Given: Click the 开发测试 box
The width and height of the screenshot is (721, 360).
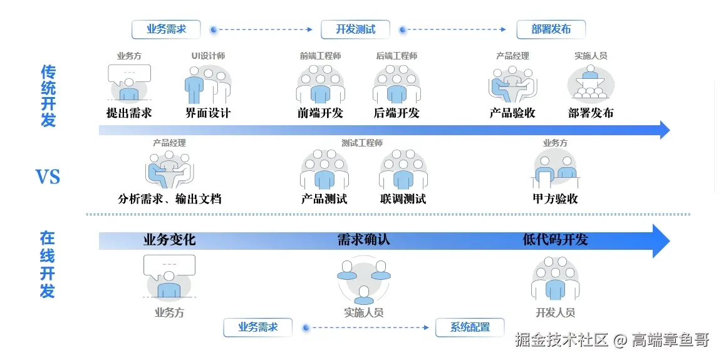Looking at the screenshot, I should click(x=355, y=29).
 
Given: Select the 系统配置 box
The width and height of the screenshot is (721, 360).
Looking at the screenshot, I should click(x=470, y=327).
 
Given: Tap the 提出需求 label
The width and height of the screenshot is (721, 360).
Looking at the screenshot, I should click(x=129, y=113).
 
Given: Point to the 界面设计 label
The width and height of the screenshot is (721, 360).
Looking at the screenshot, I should click(x=208, y=113).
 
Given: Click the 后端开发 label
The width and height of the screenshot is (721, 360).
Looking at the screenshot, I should click(x=397, y=113).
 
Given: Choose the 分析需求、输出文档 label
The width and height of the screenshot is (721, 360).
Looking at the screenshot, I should click(x=170, y=199).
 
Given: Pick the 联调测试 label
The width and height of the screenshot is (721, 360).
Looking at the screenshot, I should click(x=403, y=199).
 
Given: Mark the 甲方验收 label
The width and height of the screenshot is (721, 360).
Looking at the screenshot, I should click(x=556, y=199).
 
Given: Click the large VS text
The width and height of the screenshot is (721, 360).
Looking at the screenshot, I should click(x=48, y=177).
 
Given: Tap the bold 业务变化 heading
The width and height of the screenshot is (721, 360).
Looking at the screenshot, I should click(x=170, y=240).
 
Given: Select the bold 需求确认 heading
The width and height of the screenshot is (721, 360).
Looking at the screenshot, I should click(x=363, y=240).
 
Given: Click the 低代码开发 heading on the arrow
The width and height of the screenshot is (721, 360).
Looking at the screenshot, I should click(x=556, y=240).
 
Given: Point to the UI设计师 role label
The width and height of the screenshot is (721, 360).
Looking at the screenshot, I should click(x=208, y=56).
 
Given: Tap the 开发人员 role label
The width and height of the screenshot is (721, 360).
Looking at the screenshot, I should click(x=556, y=312).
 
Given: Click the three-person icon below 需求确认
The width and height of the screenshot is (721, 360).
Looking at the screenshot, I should click(x=363, y=279).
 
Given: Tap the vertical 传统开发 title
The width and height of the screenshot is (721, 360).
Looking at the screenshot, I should click(x=48, y=96).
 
